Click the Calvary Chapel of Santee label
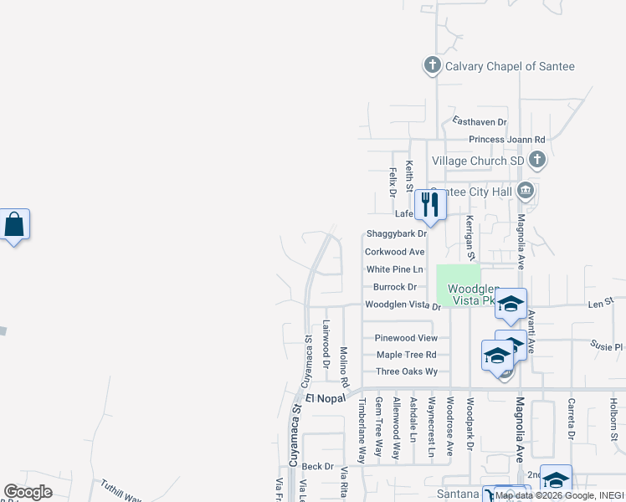tap(510, 66)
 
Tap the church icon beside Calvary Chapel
tap(432, 65)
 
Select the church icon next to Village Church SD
tap(537, 160)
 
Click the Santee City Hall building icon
tap(525, 191)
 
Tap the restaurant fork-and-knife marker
tap(431, 205)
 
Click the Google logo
tap(28, 492)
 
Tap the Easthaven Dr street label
tap(480, 121)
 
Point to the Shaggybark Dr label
tap(397, 233)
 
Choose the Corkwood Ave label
tap(394, 252)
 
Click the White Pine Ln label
tap(395, 269)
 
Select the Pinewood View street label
tap(406, 338)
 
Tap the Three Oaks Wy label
tap(407, 371)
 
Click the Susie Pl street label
tap(606, 345)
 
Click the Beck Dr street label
tap(318, 466)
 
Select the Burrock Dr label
tap(395, 288)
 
